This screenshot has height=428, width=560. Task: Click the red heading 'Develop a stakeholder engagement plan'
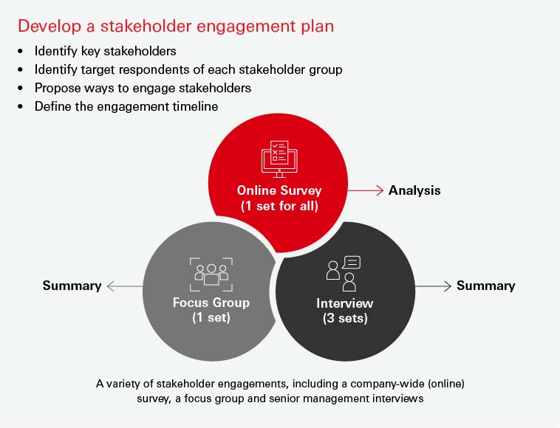click(x=175, y=27)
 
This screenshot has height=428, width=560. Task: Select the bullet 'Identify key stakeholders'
click(x=104, y=52)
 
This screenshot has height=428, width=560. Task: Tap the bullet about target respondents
click(x=188, y=69)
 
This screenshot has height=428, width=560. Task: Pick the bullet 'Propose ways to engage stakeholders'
click(x=143, y=88)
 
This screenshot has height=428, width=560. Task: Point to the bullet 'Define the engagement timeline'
click(x=126, y=106)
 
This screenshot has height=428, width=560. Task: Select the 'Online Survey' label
click(x=279, y=190)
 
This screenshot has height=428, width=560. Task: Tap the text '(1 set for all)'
click(x=279, y=206)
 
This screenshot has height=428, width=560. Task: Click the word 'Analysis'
click(x=414, y=190)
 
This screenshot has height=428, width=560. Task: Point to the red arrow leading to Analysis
click(x=365, y=190)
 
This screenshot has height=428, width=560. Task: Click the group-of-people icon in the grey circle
click(x=211, y=273)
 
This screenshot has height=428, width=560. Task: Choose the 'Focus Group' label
click(x=211, y=303)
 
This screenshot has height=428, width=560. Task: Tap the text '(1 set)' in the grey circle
click(x=211, y=318)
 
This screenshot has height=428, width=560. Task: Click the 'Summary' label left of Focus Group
click(x=72, y=286)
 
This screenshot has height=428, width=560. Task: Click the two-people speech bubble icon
click(x=344, y=273)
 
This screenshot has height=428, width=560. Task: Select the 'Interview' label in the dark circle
click(x=345, y=303)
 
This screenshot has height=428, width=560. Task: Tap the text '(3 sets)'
click(x=345, y=319)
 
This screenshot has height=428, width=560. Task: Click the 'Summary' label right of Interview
click(x=485, y=286)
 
